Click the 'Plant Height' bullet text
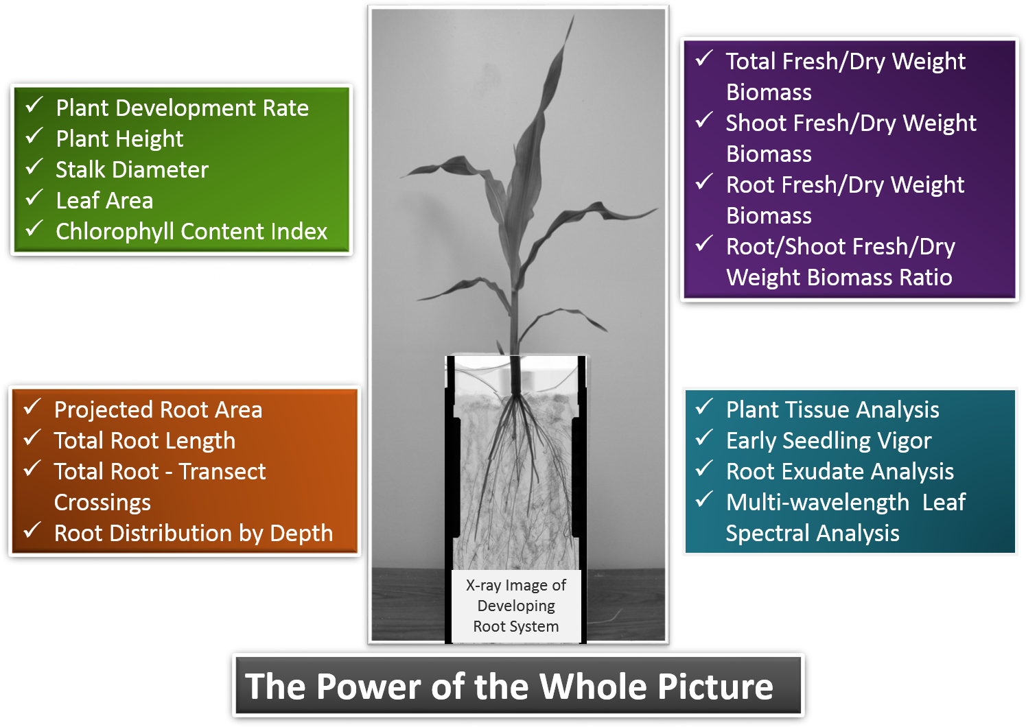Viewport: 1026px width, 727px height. (x=119, y=139)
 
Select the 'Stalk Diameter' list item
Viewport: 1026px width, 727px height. (x=132, y=170)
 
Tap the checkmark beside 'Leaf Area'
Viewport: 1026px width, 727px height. (x=34, y=199)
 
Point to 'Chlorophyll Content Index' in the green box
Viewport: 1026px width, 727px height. (x=191, y=232)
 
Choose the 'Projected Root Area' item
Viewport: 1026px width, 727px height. (x=158, y=410)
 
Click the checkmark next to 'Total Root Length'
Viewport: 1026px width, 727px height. (x=32, y=438)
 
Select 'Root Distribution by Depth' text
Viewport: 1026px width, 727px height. (x=194, y=534)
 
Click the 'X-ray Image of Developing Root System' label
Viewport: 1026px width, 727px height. (x=516, y=606)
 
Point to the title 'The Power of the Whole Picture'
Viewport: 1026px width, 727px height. (x=509, y=686)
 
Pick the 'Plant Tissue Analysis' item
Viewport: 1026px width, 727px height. (x=832, y=410)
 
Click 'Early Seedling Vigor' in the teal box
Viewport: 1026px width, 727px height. (x=828, y=441)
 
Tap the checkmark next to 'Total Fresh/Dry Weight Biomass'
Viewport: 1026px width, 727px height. (x=704, y=59)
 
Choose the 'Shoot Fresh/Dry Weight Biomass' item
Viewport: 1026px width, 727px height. (x=850, y=138)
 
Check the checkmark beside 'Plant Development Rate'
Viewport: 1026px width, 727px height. (x=34, y=106)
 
